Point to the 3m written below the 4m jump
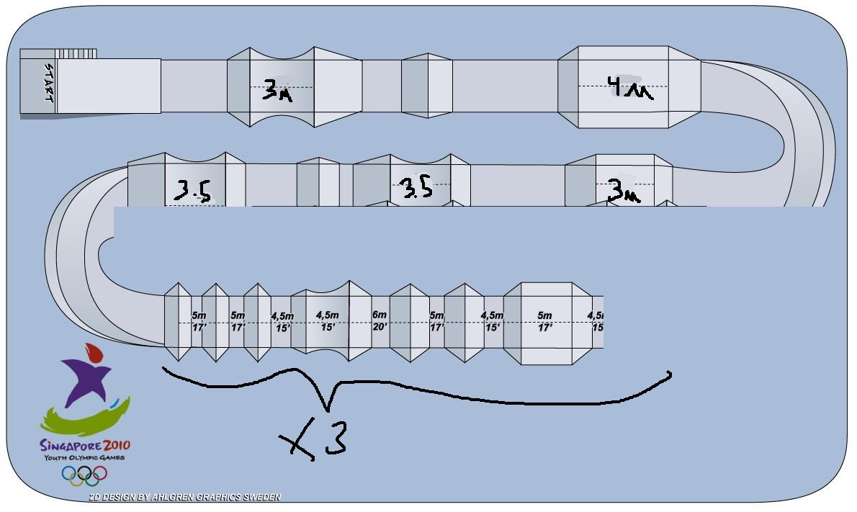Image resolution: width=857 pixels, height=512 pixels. [x=623, y=191]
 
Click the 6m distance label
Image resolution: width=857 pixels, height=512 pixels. [x=380, y=315]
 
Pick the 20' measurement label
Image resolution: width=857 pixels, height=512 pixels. [x=380, y=326]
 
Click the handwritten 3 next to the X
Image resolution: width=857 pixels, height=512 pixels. [x=336, y=438]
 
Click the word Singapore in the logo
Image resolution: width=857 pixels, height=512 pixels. [x=70, y=445]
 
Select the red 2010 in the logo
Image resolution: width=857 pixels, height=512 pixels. [x=117, y=445]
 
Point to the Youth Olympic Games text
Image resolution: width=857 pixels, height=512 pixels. [x=84, y=457]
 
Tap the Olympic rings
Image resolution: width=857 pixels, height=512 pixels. [x=84, y=474]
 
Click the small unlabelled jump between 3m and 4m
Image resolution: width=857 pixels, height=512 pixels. [x=427, y=85]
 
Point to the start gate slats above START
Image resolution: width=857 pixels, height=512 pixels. [x=76, y=53]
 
